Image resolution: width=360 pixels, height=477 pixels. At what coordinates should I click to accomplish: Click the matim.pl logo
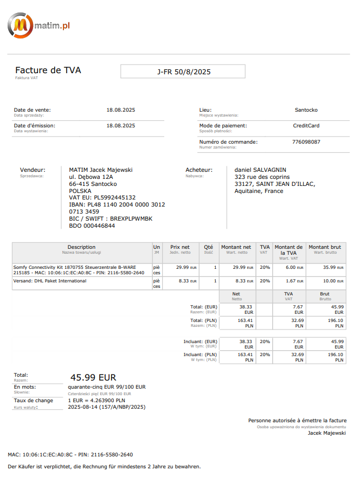point(38,25)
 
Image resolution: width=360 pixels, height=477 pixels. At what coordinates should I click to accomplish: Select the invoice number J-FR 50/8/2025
point(183,72)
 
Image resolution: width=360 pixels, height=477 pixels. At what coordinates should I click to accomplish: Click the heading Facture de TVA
point(48,70)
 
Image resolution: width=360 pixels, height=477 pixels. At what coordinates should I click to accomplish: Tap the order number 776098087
point(306,142)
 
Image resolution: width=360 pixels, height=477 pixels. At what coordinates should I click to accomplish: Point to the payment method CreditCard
point(306,126)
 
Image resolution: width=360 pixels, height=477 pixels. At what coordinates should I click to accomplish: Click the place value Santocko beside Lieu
point(306,110)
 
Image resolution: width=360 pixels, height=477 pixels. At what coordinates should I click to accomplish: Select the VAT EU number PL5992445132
point(114,198)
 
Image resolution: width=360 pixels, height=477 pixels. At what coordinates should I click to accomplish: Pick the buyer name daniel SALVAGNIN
point(260,170)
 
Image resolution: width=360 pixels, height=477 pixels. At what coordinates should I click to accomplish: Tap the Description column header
point(81,247)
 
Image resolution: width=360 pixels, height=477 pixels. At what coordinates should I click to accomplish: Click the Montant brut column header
point(325,247)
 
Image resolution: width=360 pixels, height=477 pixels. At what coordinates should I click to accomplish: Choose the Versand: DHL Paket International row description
point(50,281)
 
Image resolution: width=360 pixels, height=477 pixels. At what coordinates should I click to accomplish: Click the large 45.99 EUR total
point(93,377)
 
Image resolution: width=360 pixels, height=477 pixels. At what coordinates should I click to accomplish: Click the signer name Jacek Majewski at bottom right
point(327,433)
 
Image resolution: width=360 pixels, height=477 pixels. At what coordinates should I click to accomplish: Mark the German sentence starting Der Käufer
point(104,467)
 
